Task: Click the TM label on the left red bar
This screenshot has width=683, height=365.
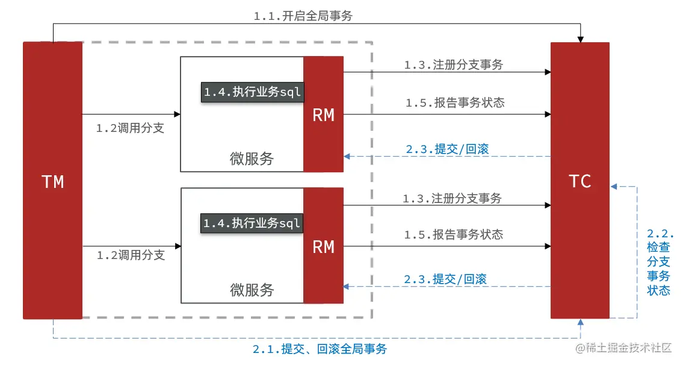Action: [53, 181]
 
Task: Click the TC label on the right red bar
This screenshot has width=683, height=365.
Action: [580, 181]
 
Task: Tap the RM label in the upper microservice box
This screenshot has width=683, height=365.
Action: [323, 115]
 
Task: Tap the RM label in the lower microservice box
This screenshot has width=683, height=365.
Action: [323, 246]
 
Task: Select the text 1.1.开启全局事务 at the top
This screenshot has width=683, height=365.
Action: [303, 16]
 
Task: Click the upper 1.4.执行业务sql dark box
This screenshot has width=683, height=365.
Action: [252, 92]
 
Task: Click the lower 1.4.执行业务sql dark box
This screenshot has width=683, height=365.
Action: [252, 223]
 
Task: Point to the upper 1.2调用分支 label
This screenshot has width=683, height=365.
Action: [130, 128]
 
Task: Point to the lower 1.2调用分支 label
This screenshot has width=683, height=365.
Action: [131, 255]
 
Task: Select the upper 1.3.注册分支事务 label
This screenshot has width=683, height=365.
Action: [453, 65]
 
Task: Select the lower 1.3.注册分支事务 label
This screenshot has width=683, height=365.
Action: [453, 198]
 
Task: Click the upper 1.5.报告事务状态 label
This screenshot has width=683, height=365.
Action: [454, 103]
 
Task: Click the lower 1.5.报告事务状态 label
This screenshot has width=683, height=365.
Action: [454, 235]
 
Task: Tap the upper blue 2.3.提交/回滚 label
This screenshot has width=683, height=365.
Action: [446, 149]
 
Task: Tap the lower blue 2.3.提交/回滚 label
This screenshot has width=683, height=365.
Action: [445, 279]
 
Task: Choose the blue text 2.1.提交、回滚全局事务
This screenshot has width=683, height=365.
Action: [320, 349]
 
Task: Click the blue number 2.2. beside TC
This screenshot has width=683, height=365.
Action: [660, 234]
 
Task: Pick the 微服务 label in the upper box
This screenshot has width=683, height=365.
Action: [252, 158]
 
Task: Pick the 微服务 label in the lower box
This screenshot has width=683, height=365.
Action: [252, 290]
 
